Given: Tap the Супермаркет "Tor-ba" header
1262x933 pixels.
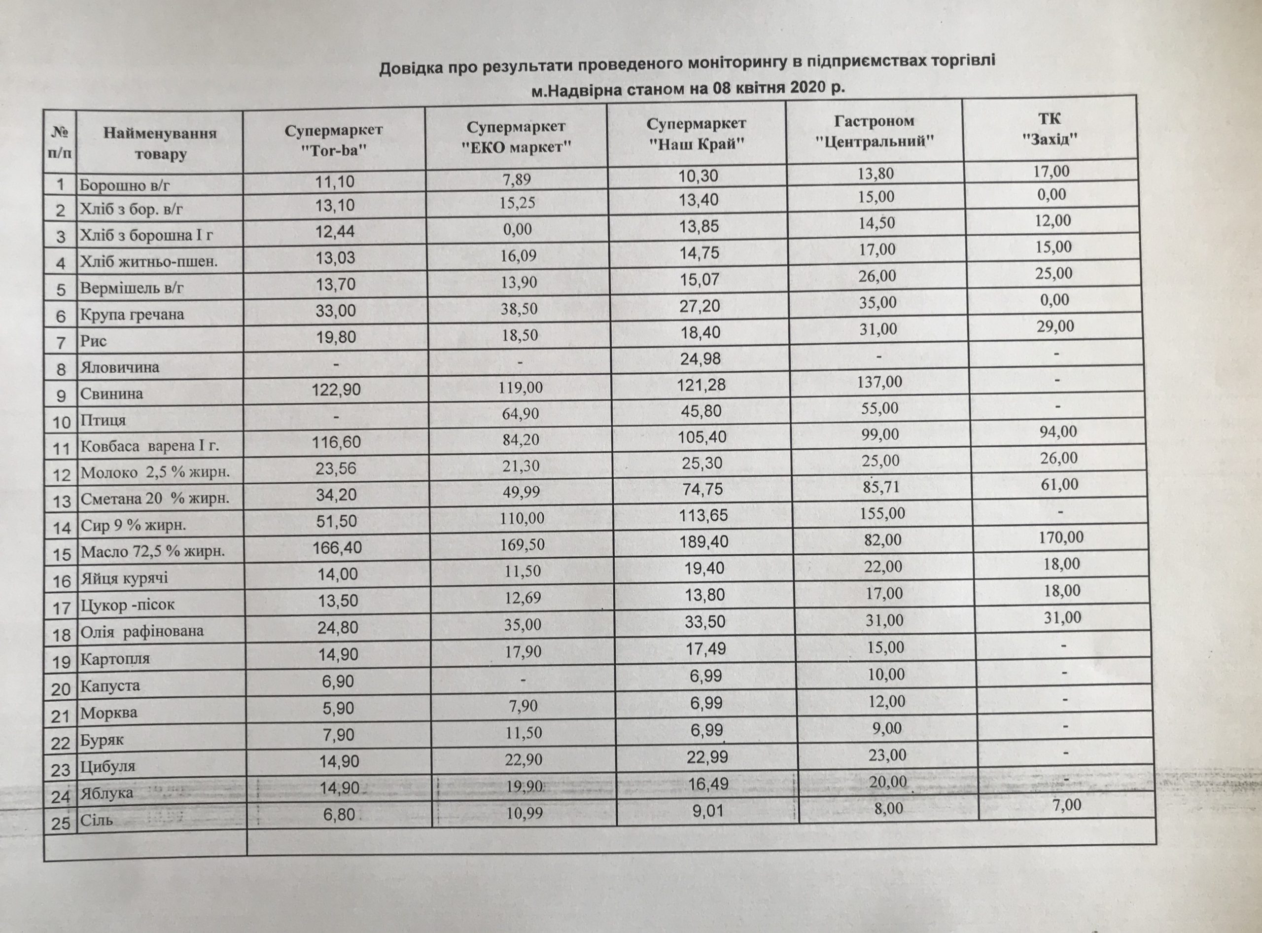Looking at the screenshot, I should pyautogui.click(x=333, y=141).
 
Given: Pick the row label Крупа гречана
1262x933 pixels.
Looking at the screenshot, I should pyautogui.click(x=132, y=315).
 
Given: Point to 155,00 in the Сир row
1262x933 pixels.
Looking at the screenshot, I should pyautogui.click(x=882, y=513).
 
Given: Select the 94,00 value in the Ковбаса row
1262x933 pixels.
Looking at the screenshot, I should pyautogui.click(x=1057, y=432).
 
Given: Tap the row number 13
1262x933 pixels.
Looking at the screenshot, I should pyautogui.click(x=62, y=501).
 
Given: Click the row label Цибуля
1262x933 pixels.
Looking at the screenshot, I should pyautogui.click(x=108, y=767).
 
